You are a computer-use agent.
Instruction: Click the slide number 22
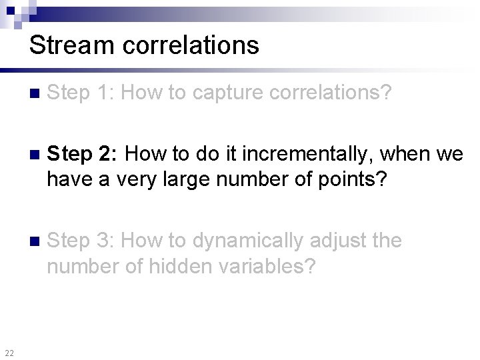(x=9, y=353)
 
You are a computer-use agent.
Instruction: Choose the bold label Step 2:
(x=83, y=154)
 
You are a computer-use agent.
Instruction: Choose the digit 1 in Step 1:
(x=104, y=93)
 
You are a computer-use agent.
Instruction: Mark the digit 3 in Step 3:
(x=105, y=239)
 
